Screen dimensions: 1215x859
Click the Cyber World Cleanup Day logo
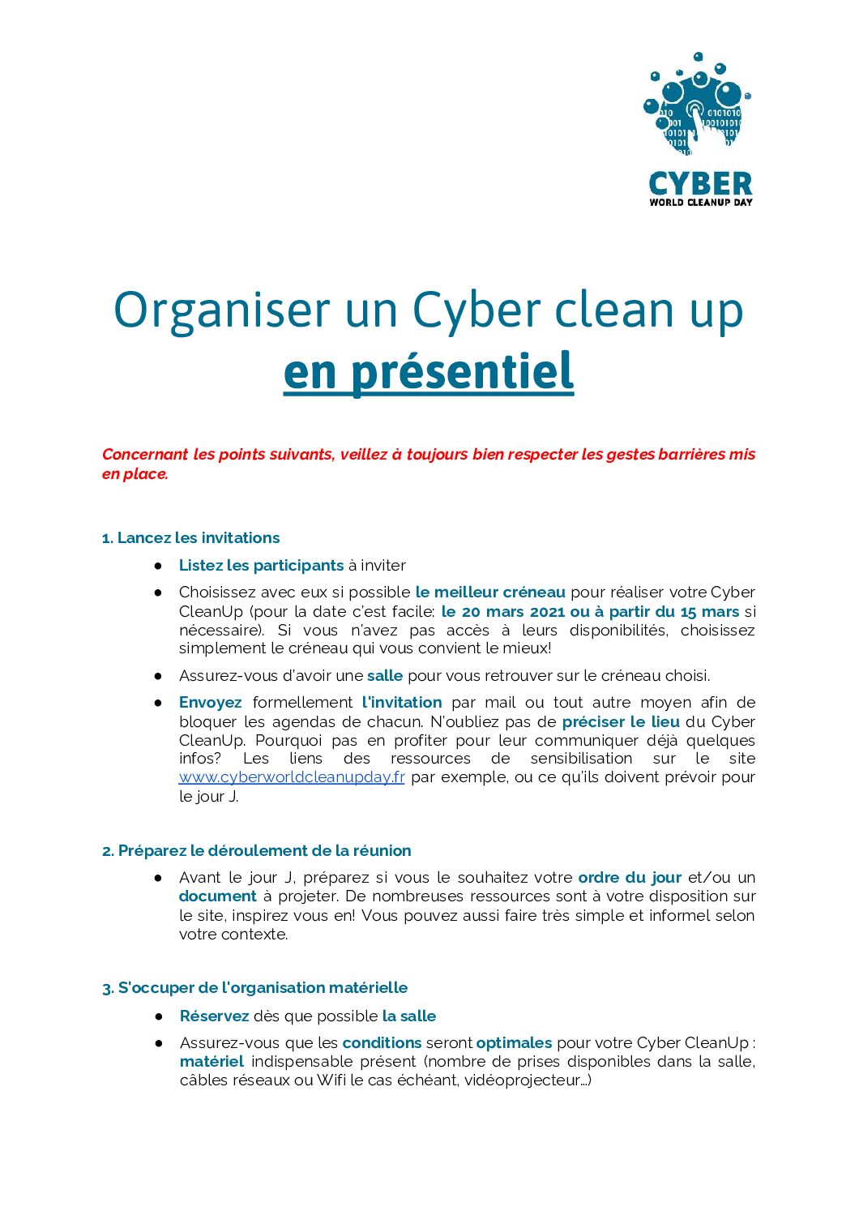pyautogui.click(x=699, y=129)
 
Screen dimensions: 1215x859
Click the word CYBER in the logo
pyautogui.click(x=700, y=184)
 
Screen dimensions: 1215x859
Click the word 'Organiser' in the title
pyautogui.click(x=222, y=310)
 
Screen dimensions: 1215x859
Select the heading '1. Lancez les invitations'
pyautogui.click(x=190, y=538)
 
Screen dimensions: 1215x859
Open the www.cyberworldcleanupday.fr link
pyautogui.click(x=292, y=777)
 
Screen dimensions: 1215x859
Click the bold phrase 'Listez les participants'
pyautogui.click(x=261, y=566)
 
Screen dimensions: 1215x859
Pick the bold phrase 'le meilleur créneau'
pyautogui.click(x=490, y=593)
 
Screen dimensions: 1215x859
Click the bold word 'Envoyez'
pyautogui.click(x=210, y=703)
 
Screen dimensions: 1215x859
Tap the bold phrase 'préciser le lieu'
pyautogui.click(x=621, y=721)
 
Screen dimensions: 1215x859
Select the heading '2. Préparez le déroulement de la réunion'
pyautogui.click(x=256, y=851)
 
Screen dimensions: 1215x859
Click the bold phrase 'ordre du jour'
pyautogui.click(x=630, y=878)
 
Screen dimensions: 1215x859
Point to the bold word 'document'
pyautogui.click(x=217, y=896)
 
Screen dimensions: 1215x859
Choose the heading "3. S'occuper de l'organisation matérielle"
pyautogui.click(x=254, y=988)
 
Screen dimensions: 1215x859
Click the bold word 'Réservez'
pyautogui.click(x=214, y=1016)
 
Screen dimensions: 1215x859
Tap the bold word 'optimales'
pyautogui.click(x=514, y=1043)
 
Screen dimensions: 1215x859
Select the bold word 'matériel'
pyautogui.click(x=212, y=1062)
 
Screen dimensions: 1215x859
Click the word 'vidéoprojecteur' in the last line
pyautogui.click(x=522, y=1080)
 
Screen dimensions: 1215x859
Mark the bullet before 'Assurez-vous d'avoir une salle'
pyautogui.click(x=158, y=676)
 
